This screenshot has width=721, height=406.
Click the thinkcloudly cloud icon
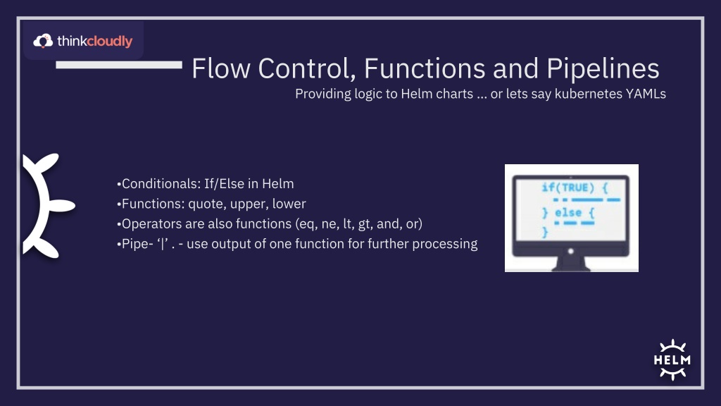click(x=43, y=41)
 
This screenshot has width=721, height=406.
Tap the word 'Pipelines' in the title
click(x=603, y=68)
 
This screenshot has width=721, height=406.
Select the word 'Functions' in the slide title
click(x=425, y=68)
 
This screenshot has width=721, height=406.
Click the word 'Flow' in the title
click(x=221, y=68)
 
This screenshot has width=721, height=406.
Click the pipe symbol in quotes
click(x=163, y=244)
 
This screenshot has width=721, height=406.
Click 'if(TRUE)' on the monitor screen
click(x=568, y=187)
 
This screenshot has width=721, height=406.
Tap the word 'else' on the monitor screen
click(x=568, y=213)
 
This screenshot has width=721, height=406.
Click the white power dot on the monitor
click(x=570, y=252)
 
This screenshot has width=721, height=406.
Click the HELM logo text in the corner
click(x=672, y=360)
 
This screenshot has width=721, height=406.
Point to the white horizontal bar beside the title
click(x=119, y=66)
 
